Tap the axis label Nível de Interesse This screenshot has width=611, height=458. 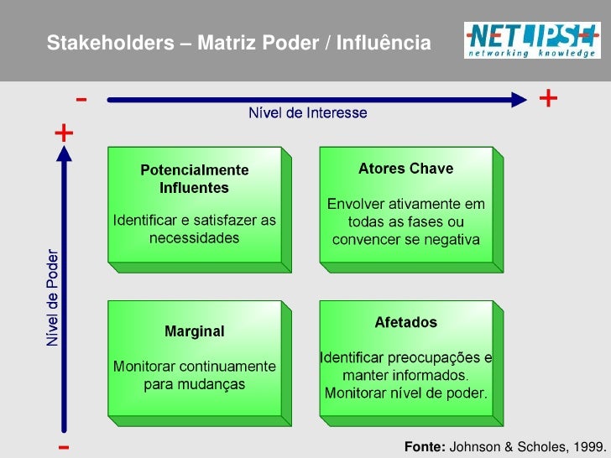[306, 112]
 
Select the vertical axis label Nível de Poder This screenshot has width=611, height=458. [53, 298]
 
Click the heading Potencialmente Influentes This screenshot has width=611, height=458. [194, 178]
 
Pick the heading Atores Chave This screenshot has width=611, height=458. [405, 169]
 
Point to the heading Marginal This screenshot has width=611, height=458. [194, 331]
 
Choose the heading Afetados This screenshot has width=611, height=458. [405, 322]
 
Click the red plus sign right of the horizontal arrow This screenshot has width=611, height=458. [548, 99]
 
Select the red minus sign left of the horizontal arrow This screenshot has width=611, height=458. [81, 100]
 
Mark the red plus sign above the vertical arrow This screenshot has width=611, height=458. [64, 133]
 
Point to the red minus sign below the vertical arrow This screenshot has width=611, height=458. [64, 445]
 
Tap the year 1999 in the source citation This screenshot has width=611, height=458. [586, 446]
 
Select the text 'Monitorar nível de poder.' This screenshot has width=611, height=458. [405, 393]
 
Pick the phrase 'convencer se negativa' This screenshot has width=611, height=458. [406, 240]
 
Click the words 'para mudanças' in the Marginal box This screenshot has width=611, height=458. [194, 385]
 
